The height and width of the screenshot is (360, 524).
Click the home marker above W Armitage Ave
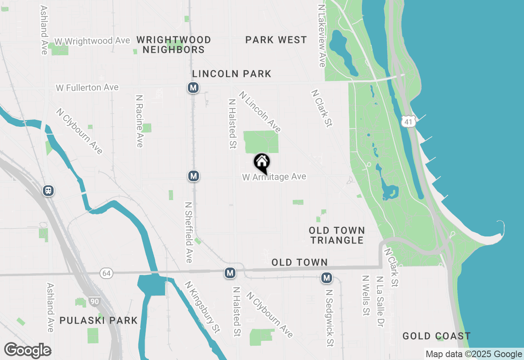pyautogui.click(x=262, y=162)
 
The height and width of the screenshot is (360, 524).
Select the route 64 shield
pyautogui.click(x=106, y=272)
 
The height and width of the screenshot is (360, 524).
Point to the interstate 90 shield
pyautogui.click(x=95, y=302)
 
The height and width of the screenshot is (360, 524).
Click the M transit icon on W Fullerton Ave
pyautogui.click(x=193, y=88)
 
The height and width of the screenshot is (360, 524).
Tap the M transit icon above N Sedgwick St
pyautogui.click(x=326, y=278)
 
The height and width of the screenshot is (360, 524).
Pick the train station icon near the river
pyautogui.click(x=49, y=190)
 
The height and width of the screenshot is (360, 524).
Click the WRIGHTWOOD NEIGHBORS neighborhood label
pyautogui.click(x=174, y=45)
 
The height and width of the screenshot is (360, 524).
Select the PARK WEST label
pyautogui.click(x=276, y=40)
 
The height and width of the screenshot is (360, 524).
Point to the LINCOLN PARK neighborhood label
pyautogui.click(x=232, y=74)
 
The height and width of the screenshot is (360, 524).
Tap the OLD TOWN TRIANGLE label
pyautogui.click(x=337, y=235)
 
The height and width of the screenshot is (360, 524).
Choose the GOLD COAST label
pyautogui.click(x=436, y=336)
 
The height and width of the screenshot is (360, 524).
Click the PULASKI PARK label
pyautogui.click(x=99, y=320)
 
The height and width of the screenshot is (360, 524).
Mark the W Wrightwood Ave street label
pyautogui.click(x=92, y=41)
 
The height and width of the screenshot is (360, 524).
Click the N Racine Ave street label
pyautogui.click(x=140, y=121)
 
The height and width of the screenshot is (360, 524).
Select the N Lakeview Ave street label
pyautogui.click(x=322, y=36)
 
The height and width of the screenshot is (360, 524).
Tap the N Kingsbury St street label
pyautogui.click(x=202, y=306)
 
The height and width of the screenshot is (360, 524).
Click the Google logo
pyautogui.click(x=27, y=350)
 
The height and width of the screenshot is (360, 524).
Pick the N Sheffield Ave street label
pyautogui.click(x=188, y=232)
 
